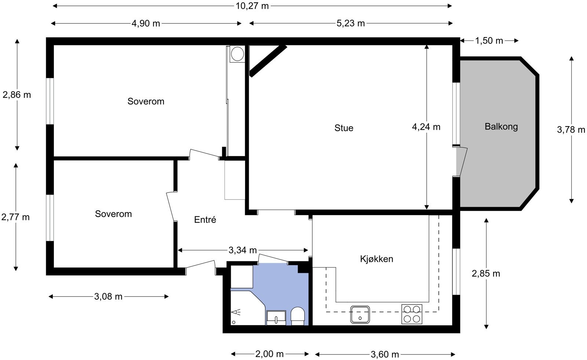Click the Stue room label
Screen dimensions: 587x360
(x=344, y=128)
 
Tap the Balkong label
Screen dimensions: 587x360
(x=501, y=127)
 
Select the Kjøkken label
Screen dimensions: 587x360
(x=376, y=259)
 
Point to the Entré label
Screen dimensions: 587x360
(x=205, y=220)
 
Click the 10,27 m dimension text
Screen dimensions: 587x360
(x=252, y=6)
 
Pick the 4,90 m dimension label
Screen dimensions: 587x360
(x=146, y=23)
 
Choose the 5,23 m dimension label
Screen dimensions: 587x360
(x=351, y=23)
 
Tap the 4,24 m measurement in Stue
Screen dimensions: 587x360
(x=426, y=127)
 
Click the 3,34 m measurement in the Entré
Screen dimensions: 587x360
(x=243, y=250)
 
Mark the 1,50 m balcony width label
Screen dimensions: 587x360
(x=489, y=41)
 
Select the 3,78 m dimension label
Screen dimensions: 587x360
(x=571, y=130)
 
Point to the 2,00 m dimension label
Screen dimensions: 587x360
(x=269, y=354)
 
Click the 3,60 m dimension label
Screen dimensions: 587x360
(x=385, y=355)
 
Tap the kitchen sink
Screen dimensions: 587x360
(x=360, y=315)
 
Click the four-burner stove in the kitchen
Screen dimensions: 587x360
(x=412, y=314)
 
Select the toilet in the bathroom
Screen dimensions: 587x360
(x=298, y=316)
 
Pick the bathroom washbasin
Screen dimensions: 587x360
(x=276, y=318)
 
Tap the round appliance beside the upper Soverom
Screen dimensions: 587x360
(x=237, y=54)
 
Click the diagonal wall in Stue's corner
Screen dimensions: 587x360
(x=268, y=61)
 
